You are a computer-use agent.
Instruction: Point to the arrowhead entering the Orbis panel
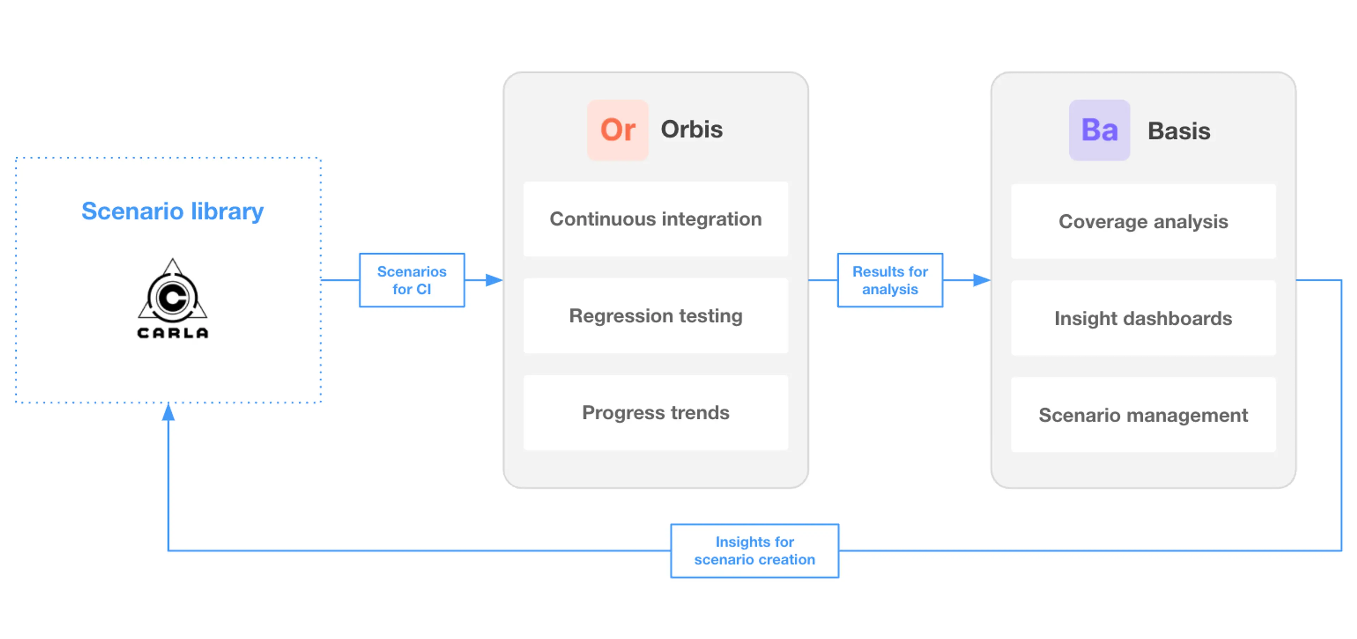494,280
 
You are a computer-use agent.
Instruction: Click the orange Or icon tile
617,130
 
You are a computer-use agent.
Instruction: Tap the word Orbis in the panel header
691,130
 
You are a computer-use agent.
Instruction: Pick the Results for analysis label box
890,280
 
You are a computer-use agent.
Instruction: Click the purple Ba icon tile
1099,130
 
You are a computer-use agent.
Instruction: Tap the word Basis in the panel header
1179,131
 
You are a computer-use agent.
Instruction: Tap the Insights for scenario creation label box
754,551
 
